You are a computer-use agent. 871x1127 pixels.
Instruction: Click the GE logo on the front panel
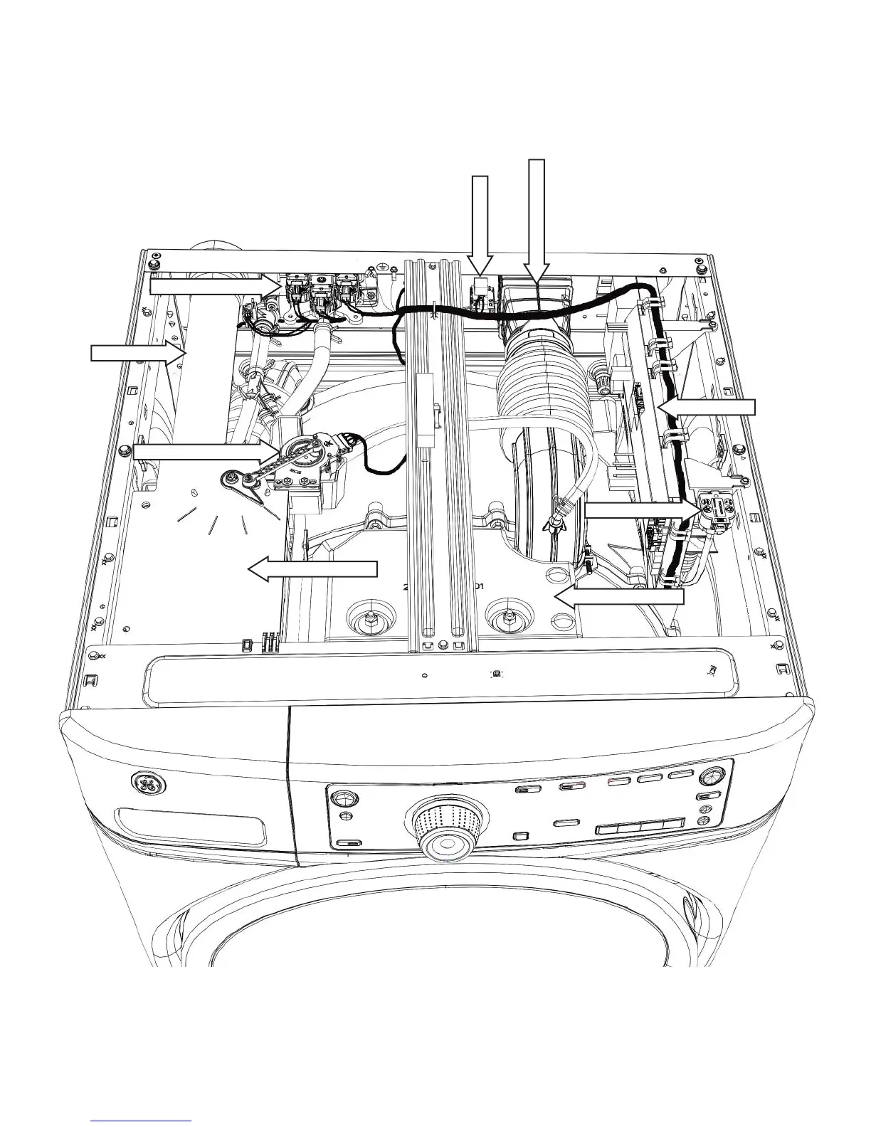tap(150, 785)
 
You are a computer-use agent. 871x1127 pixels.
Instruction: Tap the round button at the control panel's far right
tap(709, 776)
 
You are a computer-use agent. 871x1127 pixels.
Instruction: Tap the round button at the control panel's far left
tap(342, 795)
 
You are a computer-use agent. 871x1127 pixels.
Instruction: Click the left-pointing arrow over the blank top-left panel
tap(313, 568)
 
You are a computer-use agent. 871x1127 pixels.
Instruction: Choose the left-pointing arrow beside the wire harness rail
tap(706, 408)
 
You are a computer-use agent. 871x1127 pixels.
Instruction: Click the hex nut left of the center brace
tap(370, 618)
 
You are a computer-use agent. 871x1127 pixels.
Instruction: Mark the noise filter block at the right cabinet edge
tap(718, 511)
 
